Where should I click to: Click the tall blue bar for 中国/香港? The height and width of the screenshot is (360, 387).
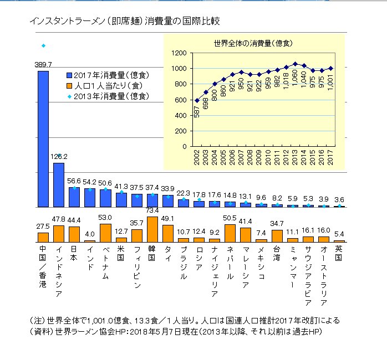pos(43,138)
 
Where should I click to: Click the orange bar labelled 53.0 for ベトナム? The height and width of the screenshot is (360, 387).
pos(105,233)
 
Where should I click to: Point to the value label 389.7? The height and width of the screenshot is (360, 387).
pos(43,65)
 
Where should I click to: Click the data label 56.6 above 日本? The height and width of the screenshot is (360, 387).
pos(74,181)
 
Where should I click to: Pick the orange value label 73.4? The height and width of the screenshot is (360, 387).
pos(152,210)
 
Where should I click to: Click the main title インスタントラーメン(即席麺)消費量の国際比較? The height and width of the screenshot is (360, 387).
pos(125,22)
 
